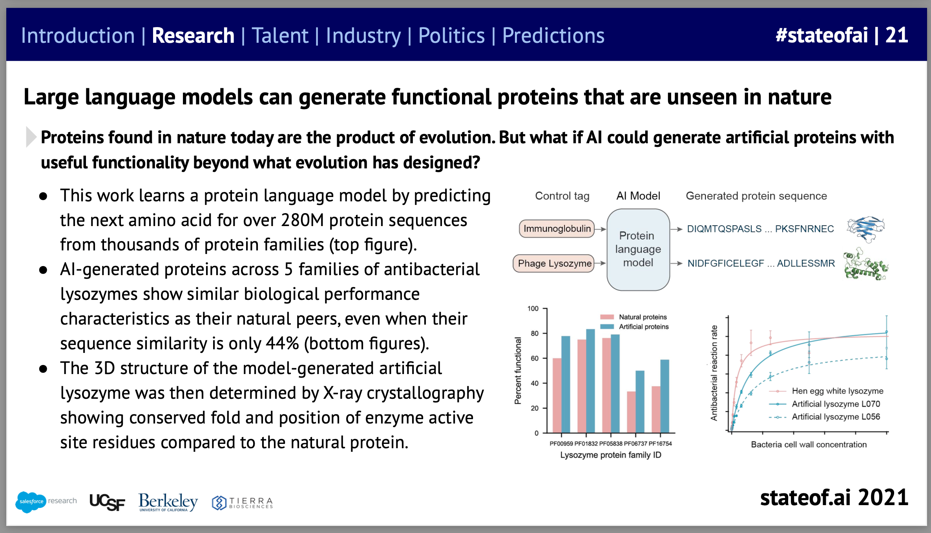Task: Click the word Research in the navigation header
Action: (193, 36)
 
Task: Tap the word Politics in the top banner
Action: (451, 36)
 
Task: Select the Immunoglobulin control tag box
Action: (557, 229)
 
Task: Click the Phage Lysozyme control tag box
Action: (554, 263)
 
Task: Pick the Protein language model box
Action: (638, 250)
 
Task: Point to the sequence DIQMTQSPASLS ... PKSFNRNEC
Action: (760, 229)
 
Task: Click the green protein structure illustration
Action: (866, 264)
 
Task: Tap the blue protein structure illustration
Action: (866, 229)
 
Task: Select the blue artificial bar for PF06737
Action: (640, 402)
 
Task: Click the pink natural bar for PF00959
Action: (557, 395)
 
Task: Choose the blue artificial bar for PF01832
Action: (590, 381)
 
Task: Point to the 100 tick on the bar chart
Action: (533, 308)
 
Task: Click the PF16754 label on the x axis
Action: (660, 444)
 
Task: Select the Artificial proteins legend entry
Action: (634, 327)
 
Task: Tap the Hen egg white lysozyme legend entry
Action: (826, 391)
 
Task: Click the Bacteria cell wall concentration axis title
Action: (809, 444)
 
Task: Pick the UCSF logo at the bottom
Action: (107, 502)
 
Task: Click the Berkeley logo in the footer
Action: (168, 502)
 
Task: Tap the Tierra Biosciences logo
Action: (242, 503)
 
